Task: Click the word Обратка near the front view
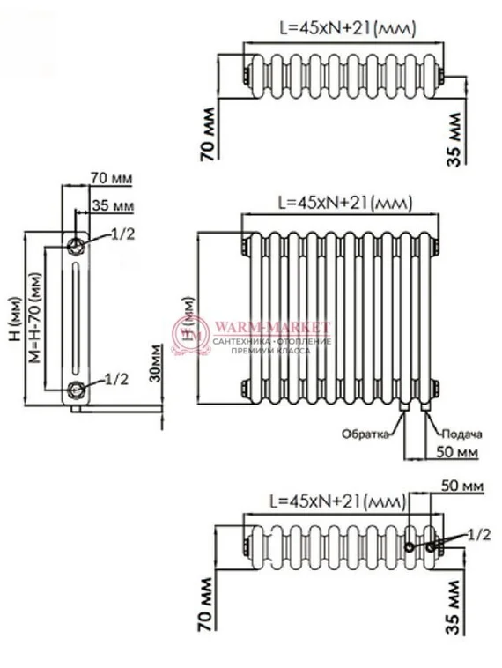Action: tap(366, 434)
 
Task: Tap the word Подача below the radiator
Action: tap(461, 434)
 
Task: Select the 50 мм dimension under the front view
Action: tap(458, 452)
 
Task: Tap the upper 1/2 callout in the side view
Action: tap(122, 234)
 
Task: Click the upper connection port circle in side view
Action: tap(78, 243)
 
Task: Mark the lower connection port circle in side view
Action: tap(78, 390)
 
